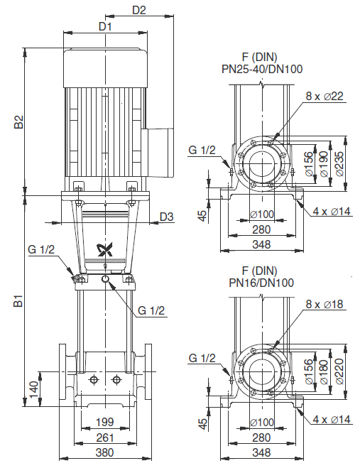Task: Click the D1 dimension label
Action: click(x=105, y=26)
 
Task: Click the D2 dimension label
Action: click(x=139, y=10)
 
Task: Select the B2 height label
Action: click(x=18, y=121)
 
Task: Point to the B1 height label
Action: click(x=18, y=300)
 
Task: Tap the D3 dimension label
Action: click(x=167, y=217)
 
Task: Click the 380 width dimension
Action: click(x=105, y=452)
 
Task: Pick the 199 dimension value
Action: click(x=105, y=422)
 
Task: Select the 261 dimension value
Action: click(x=105, y=437)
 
